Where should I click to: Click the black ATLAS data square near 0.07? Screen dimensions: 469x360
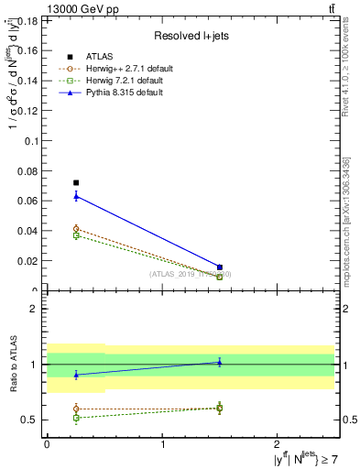[76, 182]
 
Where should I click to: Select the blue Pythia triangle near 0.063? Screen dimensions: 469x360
[76, 195]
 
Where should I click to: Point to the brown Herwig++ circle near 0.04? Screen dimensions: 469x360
[76, 229]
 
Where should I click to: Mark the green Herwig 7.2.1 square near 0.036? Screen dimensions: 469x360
[76, 235]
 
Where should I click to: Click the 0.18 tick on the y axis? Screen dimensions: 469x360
[28, 20]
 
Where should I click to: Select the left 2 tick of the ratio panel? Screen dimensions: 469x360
[37, 309]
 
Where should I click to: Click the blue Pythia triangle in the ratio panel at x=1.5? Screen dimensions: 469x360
[219, 362]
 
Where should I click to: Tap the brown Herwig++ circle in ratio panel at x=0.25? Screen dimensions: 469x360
[76, 409]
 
